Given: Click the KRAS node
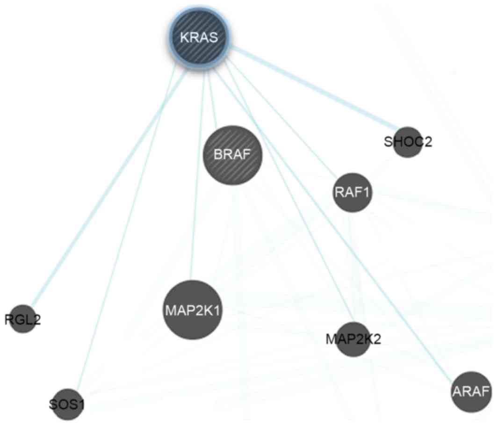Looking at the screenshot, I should [x=201, y=38].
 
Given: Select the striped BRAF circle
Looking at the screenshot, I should [x=232, y=155].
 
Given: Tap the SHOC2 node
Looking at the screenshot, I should [x=408, y=142].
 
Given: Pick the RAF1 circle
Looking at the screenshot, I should [x=353, y=192].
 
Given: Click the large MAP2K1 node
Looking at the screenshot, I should [x=192, y=310].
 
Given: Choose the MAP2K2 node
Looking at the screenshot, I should [x=353, y=339].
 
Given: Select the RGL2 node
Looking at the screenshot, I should [x=22, y=319].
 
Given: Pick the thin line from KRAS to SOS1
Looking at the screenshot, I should [x=126, y=224].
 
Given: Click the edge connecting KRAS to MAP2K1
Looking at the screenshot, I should [x=196, y=187].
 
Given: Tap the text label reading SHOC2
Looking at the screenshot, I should [x=408, y=142].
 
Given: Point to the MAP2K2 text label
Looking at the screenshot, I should [x=353, y=339].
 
